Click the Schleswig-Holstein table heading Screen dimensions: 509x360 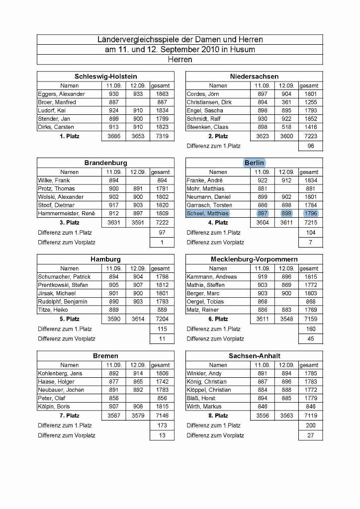click(105, 77)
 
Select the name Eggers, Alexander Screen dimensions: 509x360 click(61, 94)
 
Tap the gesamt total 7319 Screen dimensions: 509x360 click(162, 136)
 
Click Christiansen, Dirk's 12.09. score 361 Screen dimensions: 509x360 click(286, 102)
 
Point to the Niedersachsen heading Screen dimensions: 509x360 click(254, 77)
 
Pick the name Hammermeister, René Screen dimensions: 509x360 click(66, 214)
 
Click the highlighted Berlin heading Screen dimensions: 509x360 click(254, 163)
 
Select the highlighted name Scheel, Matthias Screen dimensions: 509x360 click(207, 214)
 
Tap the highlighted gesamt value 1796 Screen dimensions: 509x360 click(311, 214)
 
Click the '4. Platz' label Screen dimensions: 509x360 click(218, 223)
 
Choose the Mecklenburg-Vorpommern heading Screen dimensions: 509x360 click(254, 259)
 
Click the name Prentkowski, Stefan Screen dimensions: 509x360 click(63, 285)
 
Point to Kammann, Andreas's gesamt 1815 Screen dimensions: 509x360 click(311, 277)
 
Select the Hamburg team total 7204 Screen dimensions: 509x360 click(162, 319)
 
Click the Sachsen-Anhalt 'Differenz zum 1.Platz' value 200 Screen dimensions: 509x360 click(311, 425)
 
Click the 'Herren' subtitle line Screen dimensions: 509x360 click(180, 60)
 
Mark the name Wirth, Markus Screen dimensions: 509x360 click(204, 407)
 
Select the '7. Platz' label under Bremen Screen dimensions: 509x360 click(69, 416)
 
